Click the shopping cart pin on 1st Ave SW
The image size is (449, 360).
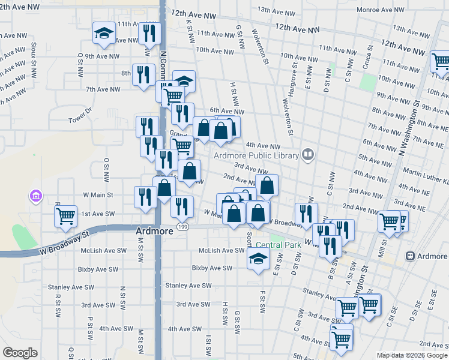(x=65, y=215)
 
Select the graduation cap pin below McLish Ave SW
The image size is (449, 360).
(x=258, y=259)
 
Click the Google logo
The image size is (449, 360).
(x=20, y=353)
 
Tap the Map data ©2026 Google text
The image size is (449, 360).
(x=412, y=355)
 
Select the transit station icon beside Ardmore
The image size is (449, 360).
(x=411, y=256)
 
